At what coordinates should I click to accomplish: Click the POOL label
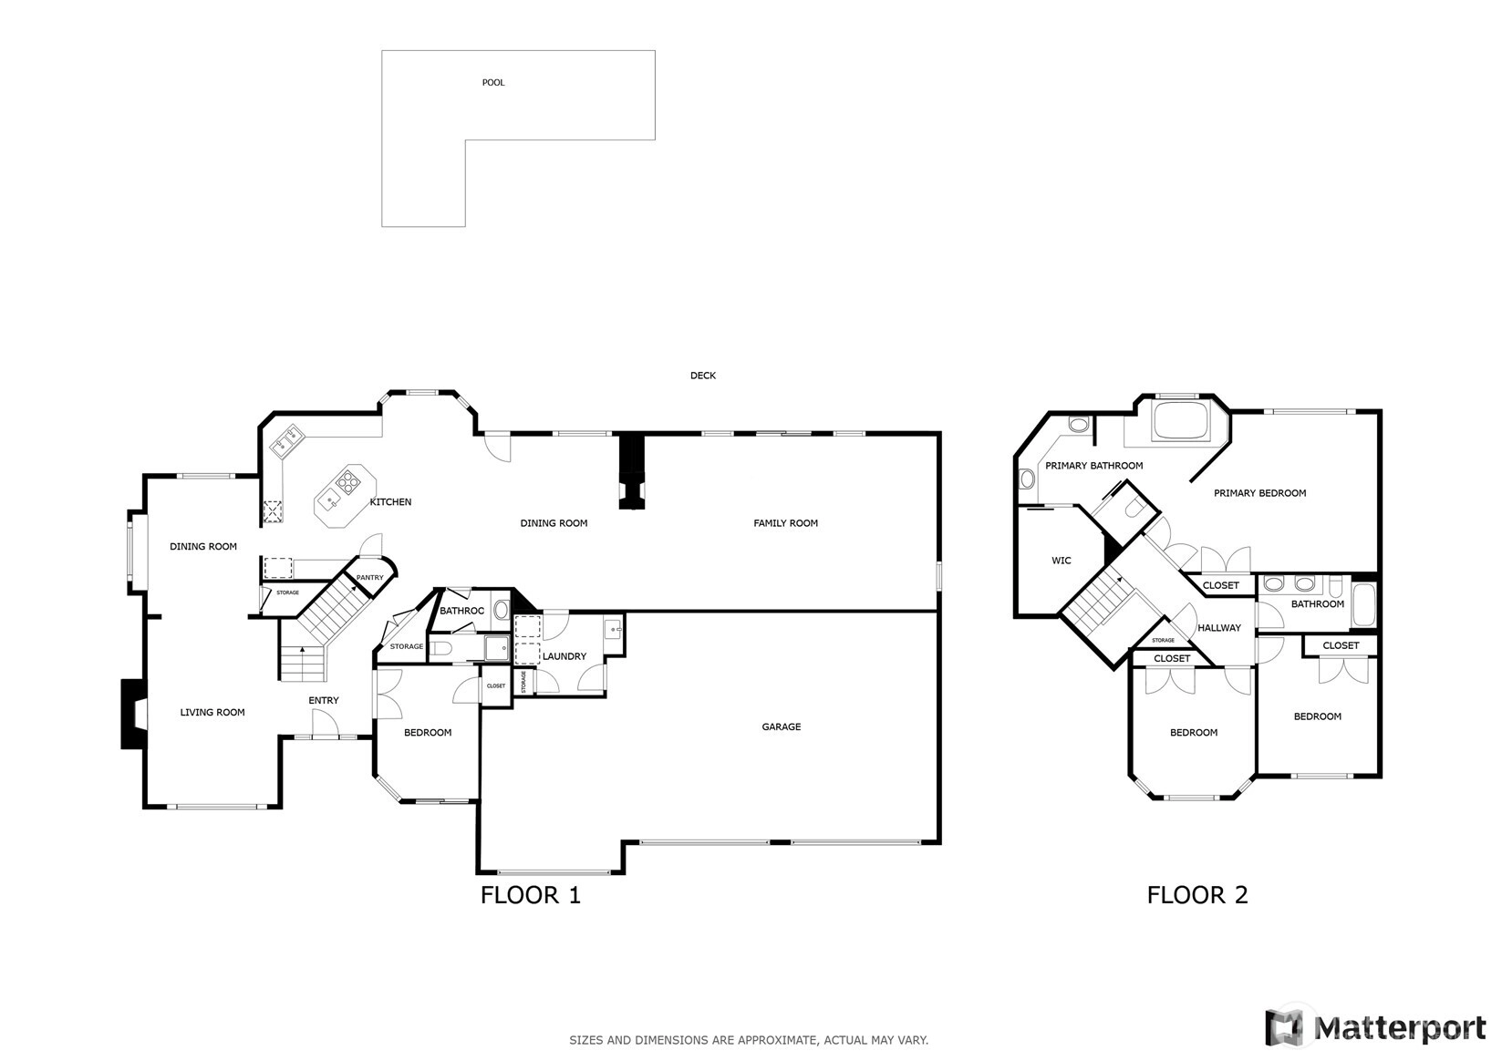(492, 82)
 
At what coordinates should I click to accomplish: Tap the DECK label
(703, 376)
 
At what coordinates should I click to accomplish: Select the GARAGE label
(782, 726)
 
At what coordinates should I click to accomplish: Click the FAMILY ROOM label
(785, 523)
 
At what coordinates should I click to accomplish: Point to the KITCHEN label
(391, 502)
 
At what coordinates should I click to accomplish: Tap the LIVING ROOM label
(212, 713)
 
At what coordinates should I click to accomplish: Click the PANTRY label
(369, 577)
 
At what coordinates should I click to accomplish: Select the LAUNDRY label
(564, 657)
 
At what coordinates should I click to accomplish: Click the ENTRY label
(323, 700)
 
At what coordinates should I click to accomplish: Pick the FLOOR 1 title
(530, 895)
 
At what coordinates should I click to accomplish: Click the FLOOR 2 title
(1196, 895)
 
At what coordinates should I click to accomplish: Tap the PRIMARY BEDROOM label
(1259, 493)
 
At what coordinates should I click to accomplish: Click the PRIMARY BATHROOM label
(1093, 466)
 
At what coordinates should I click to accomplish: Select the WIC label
(1061, 561)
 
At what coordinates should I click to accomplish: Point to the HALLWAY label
(1219, 628)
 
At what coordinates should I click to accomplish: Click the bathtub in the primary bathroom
(1180, 422)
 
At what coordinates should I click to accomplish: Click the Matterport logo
(1375, 1027)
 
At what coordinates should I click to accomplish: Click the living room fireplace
(133, 714)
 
